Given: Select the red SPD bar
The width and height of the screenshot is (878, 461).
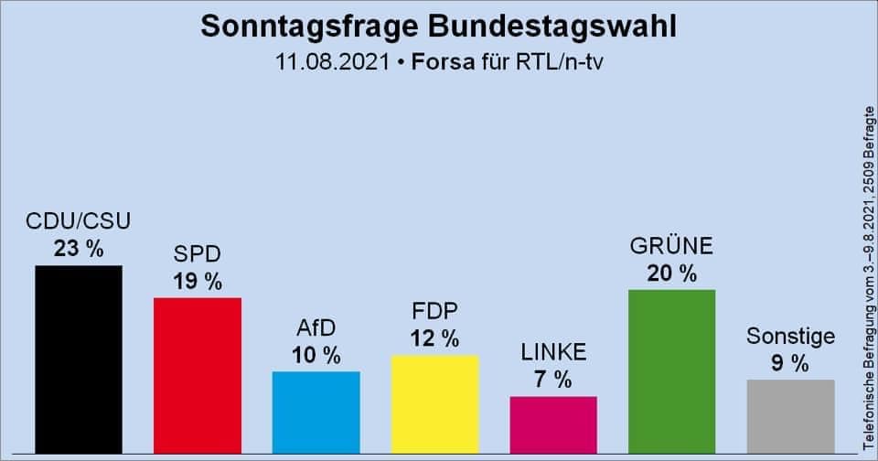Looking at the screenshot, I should (x=198, y=375).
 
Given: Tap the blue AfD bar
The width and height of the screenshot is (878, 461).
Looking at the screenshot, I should (x=316, y=412).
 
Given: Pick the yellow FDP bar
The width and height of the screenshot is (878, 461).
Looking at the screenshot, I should (x=435, y=403).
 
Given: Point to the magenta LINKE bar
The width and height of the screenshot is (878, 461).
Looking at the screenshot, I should (x=553, y=424).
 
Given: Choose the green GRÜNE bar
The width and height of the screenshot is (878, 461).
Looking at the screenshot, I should (x=672, y=370).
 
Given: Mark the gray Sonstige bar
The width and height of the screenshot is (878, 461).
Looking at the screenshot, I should (x=791, y=416).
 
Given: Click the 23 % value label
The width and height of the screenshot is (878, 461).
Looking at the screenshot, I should (x=79, y=248).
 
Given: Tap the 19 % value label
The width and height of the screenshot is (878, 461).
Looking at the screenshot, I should (x=198, y=281).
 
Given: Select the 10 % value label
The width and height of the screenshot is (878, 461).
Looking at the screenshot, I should (x=316, y=354).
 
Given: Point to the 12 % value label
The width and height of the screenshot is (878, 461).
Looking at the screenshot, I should (x=435, y=338).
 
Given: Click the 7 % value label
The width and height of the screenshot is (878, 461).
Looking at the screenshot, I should (x=553, y=379).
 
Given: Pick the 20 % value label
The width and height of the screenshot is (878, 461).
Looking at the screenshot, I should (x=672, y=273).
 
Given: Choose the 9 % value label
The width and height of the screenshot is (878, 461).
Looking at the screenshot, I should (x=791, y=363).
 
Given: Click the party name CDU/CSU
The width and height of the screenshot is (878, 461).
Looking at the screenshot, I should (x=79, y=222).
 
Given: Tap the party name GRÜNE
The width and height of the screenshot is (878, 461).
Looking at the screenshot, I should (x=672, y=246).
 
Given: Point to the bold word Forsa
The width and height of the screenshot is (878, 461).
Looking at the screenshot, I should (x=438, y=63).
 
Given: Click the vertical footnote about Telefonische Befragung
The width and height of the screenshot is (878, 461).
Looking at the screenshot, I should (x=869, y=274).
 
